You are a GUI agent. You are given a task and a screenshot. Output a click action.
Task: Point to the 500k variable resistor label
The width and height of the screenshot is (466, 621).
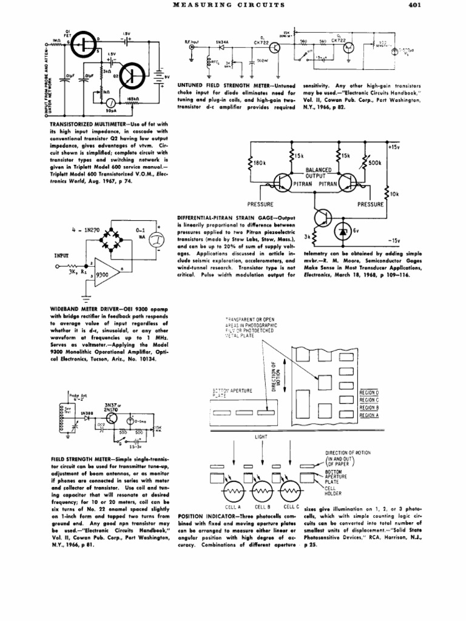tap(374, 163)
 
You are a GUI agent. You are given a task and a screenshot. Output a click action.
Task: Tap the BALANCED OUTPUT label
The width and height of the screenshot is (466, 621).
tap(317, 173)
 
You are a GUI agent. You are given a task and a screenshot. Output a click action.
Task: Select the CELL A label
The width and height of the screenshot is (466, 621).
tap(232, 506)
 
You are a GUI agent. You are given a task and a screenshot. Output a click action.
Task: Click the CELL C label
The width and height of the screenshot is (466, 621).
tap(291, 506)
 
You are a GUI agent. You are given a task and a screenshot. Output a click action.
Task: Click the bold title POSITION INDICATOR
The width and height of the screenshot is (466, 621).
tap(204, 515)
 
